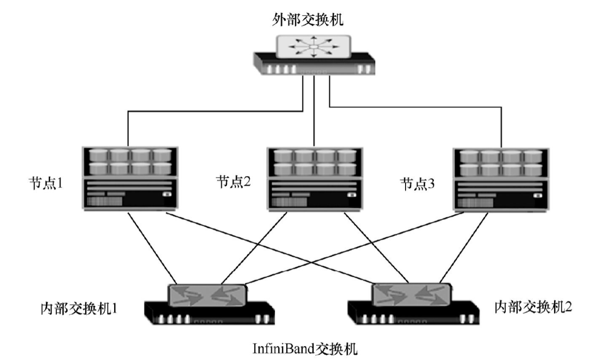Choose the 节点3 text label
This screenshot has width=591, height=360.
(417, 182)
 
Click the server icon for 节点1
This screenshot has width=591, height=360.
(130, 178)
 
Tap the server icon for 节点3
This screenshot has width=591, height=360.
(500, 178)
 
